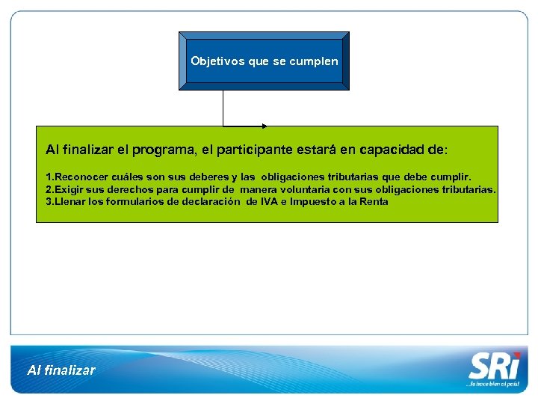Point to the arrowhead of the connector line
coord(264,125)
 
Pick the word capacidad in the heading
coord(394,150)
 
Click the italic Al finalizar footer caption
coord(61,370)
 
